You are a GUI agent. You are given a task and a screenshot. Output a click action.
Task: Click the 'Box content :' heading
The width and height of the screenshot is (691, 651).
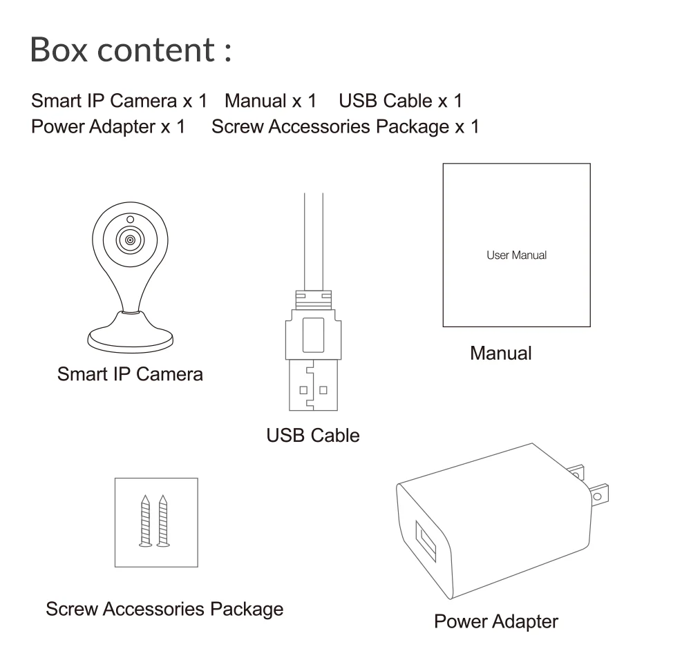click(131, 49)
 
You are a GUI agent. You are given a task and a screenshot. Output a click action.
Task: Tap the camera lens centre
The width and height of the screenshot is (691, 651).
click(130, 240)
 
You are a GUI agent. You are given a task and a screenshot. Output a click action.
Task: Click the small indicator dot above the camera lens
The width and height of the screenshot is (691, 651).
click(130, 220)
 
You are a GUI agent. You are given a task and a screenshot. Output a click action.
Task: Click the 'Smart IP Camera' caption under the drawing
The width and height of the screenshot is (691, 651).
click(130, 374)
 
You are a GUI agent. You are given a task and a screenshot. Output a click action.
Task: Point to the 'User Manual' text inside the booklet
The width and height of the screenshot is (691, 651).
click(516, 255)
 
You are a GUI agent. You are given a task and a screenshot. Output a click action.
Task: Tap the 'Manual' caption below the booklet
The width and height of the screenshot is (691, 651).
click(500, 353)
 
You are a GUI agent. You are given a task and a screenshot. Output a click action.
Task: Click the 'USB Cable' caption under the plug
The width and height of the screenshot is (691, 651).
click(313, 436)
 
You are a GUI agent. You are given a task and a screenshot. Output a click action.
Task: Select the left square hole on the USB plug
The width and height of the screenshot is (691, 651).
click(303, 390)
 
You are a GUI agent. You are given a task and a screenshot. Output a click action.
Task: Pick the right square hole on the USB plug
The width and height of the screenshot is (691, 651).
click(323, 390)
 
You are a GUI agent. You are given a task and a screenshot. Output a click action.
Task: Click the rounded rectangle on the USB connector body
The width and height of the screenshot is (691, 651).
click(313, 335)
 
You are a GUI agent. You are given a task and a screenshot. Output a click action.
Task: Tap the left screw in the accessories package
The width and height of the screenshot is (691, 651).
click(145, 521)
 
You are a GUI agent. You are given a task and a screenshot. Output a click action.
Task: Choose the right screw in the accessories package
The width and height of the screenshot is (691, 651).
click(163, 521)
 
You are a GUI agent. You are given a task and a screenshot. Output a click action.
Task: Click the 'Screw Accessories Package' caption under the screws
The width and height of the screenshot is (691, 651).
click(164, 609)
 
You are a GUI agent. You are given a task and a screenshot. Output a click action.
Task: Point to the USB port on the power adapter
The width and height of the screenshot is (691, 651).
click(426, 541)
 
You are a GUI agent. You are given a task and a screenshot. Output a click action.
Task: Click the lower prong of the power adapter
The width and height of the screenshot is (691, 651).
click(599, 495)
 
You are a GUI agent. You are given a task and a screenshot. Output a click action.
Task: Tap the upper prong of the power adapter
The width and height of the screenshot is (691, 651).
click(576, 473)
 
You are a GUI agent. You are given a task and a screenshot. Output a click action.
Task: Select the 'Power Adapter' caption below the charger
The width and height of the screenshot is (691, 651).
click(495, 621)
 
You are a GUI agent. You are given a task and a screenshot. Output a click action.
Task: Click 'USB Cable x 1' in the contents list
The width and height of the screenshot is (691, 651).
click(401, 101)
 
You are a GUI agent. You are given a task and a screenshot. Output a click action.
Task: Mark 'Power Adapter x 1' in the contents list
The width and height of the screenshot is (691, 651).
click(108, 127)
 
